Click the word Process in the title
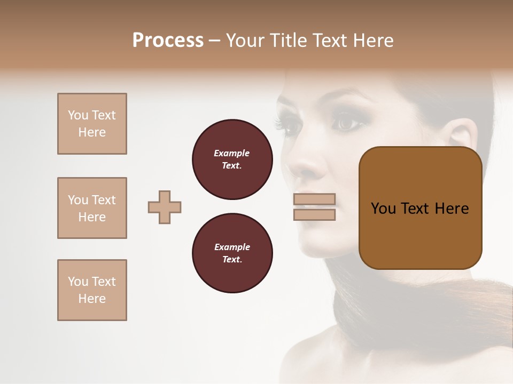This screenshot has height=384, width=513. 168,41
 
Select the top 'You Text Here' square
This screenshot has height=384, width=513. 92,124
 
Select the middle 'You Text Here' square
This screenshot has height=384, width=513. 92,208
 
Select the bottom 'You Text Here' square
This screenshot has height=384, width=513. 92,290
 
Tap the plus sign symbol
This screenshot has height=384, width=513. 165,207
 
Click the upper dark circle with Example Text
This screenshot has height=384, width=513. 232,159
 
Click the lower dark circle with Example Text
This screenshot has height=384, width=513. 232,253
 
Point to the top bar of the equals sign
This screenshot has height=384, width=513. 314,199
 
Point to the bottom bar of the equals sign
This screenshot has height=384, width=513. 314,214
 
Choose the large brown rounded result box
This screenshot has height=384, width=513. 420,208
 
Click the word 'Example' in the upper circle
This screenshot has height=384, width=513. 232,153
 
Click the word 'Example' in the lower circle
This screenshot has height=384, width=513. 232,247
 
